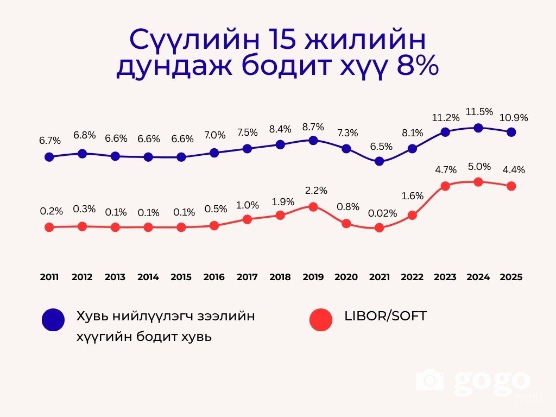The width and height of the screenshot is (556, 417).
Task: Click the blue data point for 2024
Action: (x=478, y=128)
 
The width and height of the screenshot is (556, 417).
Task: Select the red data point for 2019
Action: (x=313, y=206)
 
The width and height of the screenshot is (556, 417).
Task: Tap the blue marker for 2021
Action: (x=380, y=161)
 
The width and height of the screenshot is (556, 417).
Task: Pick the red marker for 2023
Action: (x=445, y=186)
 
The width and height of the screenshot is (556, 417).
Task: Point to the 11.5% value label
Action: (x=479, y=112)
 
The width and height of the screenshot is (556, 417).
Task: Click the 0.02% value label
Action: (x=382, y=213)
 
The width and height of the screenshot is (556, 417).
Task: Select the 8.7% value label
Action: (x=313, y=127)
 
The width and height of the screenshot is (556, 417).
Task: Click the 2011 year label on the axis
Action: (x=49, y=277)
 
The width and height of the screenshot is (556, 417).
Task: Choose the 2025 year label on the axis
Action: (x=511, y=277)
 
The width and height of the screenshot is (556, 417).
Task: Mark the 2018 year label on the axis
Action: (x=280, y=277)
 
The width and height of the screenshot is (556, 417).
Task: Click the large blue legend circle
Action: (x=53, y=320)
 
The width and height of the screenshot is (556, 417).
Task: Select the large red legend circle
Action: (x=321, y=320)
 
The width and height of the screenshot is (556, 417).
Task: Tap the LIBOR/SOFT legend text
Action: (x=386, y=316)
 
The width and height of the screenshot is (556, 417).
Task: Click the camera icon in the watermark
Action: (x=430, y=380)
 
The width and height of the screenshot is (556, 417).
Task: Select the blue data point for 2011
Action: (x=49, y=157)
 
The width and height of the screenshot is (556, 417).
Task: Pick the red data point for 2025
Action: (x=511, y=186)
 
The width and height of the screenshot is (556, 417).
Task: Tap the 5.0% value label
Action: (x=479, y=166)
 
